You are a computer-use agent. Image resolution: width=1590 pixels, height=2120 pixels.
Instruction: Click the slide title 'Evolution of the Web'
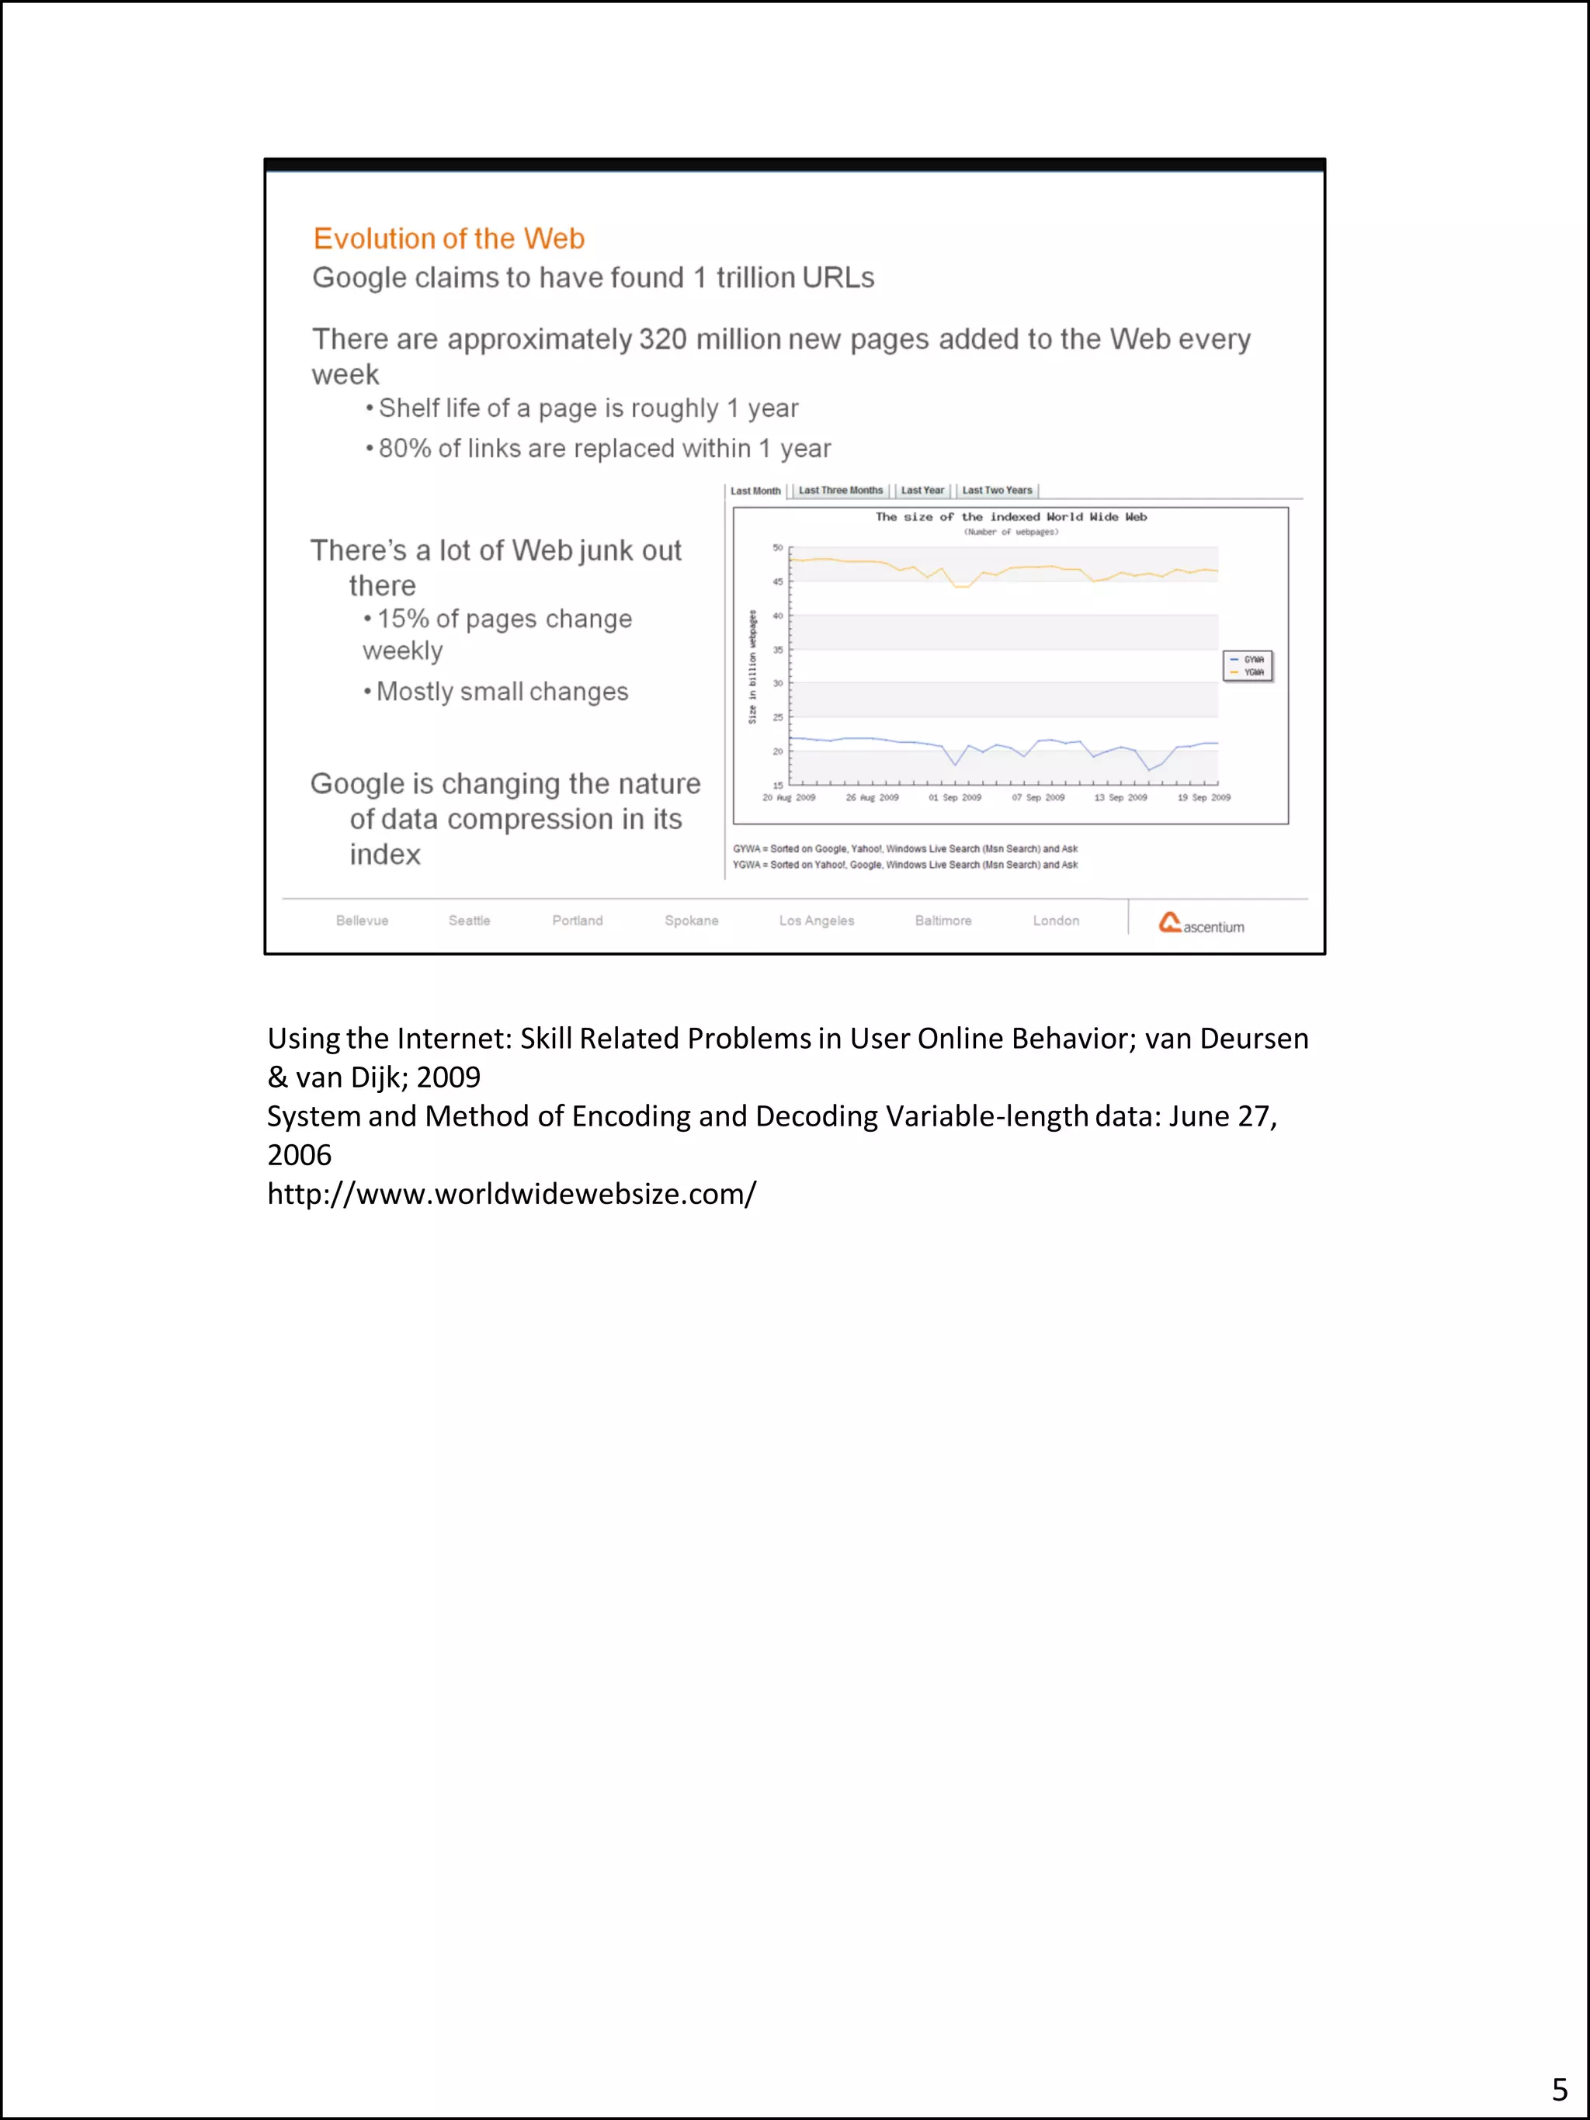tap(449, 238)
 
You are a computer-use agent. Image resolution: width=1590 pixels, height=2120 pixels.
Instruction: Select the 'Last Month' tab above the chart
tap(755, 491)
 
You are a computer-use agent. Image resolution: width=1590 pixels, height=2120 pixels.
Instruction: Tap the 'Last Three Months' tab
tap(841, 491)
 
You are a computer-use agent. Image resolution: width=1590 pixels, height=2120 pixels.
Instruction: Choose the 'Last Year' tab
tap(922, 491)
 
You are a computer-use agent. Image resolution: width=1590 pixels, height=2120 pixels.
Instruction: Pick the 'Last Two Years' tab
tap(997, 491)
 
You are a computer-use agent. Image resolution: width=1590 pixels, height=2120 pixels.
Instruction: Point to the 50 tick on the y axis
tap(778, 548)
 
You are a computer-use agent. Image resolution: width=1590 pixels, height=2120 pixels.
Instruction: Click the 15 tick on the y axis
tap(778, 785)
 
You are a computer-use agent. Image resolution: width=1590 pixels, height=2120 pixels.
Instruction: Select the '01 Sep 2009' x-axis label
tap(955, 797)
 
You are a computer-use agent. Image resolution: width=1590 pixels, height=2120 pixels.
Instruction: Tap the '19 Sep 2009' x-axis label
tap(1204, 797)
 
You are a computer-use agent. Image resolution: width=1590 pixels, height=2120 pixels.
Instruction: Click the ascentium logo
tap(1201, 923)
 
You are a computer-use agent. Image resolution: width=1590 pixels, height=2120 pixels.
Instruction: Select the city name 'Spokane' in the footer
tap(691, 920)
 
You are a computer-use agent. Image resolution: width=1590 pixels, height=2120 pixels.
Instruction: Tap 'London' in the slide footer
tap(1055, 920)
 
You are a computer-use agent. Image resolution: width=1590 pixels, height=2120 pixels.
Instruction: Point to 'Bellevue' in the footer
tap(363, 920)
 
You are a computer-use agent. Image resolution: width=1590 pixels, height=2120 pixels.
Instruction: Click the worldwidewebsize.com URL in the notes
tap(512, 1194)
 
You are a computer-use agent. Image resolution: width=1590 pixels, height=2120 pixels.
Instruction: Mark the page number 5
tap(1559, 2089)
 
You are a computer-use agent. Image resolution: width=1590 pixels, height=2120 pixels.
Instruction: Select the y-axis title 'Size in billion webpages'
tap(753, 667)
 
